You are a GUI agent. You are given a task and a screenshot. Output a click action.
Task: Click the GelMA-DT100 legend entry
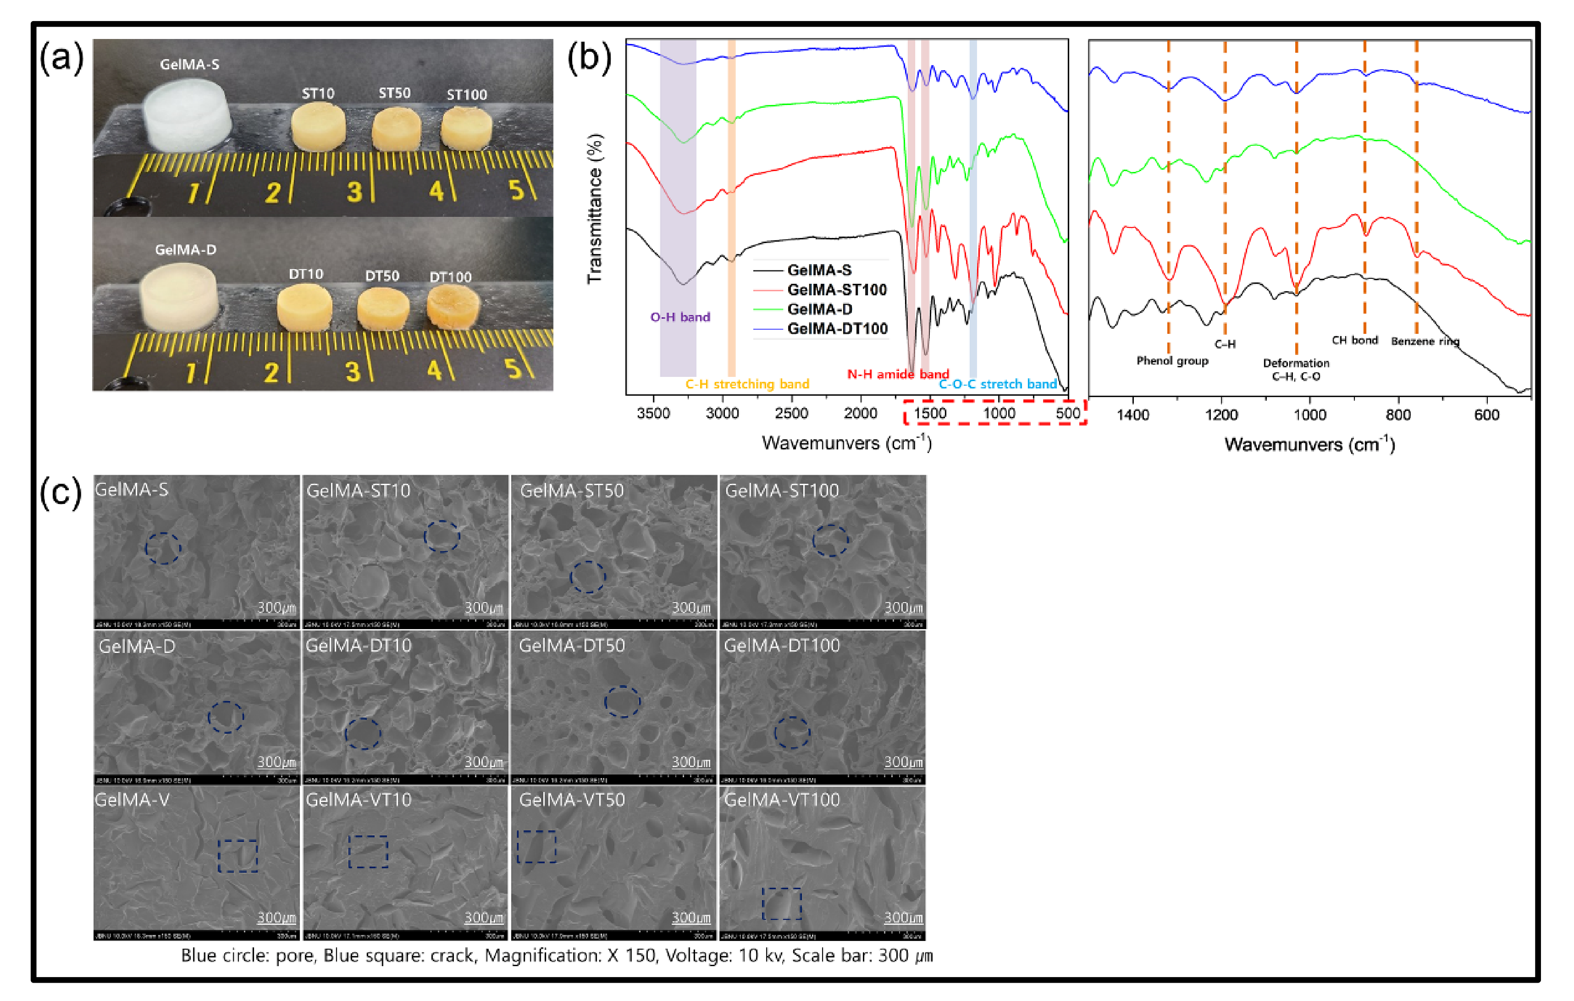[x=837, y=329]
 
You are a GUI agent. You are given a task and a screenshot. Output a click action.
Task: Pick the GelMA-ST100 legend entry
[x=837, y=290]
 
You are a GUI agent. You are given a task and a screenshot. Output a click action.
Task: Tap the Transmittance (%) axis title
[x=594, y=209]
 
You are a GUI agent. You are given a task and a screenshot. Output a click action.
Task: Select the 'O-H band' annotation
[x=680, y=317]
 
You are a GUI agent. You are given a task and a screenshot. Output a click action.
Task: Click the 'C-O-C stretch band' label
[x=998, y=384]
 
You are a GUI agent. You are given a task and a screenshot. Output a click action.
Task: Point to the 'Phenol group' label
[x=1172, y=361]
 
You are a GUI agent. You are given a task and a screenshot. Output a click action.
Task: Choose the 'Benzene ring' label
[x=1425, y=341]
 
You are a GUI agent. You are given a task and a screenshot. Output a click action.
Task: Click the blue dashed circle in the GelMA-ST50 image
[x=588, y=577]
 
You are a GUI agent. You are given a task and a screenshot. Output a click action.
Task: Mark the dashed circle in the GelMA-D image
[x=226, y=717]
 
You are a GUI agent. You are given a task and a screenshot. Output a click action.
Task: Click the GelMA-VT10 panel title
[x=358, y=800]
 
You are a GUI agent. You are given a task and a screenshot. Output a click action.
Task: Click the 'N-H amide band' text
[x=897, y=375]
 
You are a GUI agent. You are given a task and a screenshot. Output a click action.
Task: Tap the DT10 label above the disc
[x=306, y=274]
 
